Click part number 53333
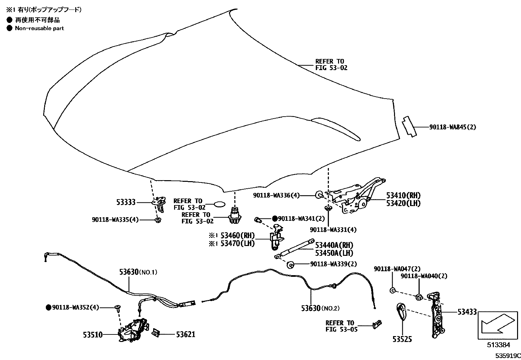(x=126, y=202)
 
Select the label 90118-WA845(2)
(x=452, y=127)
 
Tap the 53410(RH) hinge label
(x=403, y=196)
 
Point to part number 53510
(x=93, y=335)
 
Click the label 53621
(x=186, y=334)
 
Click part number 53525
(x=402, y=339)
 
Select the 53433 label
(x=467, y=312)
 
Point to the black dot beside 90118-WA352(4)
(x=48, y=307)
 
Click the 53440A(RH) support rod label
(x=334, y=245)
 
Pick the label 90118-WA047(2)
(x=397, y=269)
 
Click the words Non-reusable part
(x=39, y=28)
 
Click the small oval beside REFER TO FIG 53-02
(x=219, y=204)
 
